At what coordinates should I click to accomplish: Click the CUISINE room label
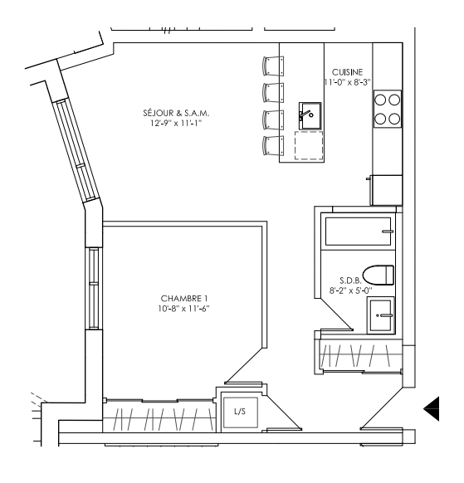pos(347,72)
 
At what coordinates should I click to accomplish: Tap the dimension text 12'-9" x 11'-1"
pos(176,123)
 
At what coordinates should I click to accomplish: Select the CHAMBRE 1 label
pos(184,298)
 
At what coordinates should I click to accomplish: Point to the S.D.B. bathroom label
pos(350,281)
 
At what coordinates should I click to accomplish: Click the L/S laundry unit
pos(241,412)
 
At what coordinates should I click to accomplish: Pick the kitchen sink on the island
pos(310,116)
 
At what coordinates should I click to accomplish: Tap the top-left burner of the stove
pos(380,100)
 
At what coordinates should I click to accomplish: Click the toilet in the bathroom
pos(378,275)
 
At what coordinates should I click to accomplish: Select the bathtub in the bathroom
pos(358,232)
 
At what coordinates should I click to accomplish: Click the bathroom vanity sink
pos(380,315)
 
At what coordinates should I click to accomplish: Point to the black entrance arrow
pos(432,409)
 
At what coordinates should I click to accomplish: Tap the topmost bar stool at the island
pos(273,66)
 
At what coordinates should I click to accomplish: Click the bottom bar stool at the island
pos(273,146)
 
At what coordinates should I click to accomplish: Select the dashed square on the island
pos(309,145)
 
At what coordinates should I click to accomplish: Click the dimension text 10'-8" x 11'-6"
pos(184,309)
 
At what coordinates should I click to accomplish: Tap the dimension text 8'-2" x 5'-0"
pos(350,290)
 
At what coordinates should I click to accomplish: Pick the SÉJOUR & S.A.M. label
pos(176,113)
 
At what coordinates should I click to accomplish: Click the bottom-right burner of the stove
pos(394,119)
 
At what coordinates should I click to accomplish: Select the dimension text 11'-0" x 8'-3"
pos(347,82)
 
